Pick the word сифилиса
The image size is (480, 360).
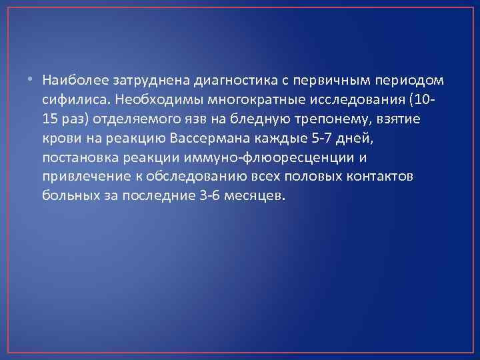pos(75,99)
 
